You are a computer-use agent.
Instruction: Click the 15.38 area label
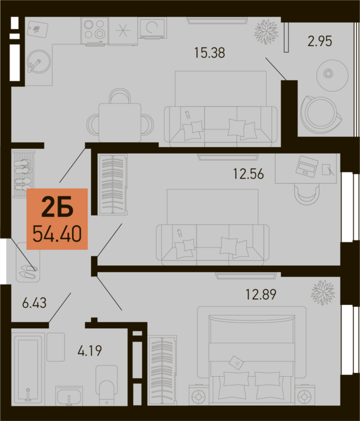click(x=209, y=53)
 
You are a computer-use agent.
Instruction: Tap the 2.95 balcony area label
click(x=320, y=41)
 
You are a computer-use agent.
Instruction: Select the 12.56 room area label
click(x=248, y=174)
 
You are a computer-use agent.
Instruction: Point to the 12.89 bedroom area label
click(x=261, y=294)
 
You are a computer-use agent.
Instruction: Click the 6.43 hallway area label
click(x=34, y=303)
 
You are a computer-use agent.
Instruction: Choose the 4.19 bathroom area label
click(x=90, y=350)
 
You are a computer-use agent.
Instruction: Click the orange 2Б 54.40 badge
click(x=57, y=219)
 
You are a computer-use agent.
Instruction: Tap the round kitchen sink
click(x=39, y=61)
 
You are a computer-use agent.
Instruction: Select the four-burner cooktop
click(x=94, y=30)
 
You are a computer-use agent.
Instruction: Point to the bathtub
click(x=28, y=368)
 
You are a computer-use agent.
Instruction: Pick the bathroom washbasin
click(x=69, y=396)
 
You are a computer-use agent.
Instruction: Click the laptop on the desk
click(x=306, y=165)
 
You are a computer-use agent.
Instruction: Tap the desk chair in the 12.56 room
click(x=307, y=194)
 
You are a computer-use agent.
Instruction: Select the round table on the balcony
click(x=328, y=74)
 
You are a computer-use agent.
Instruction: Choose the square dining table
click(x=120, y=122)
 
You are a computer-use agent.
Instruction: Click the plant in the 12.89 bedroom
click(x=323, y=292)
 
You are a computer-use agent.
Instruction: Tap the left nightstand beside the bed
click(x=198, y=395)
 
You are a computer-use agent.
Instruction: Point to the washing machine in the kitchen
click(x=152, y=28)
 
